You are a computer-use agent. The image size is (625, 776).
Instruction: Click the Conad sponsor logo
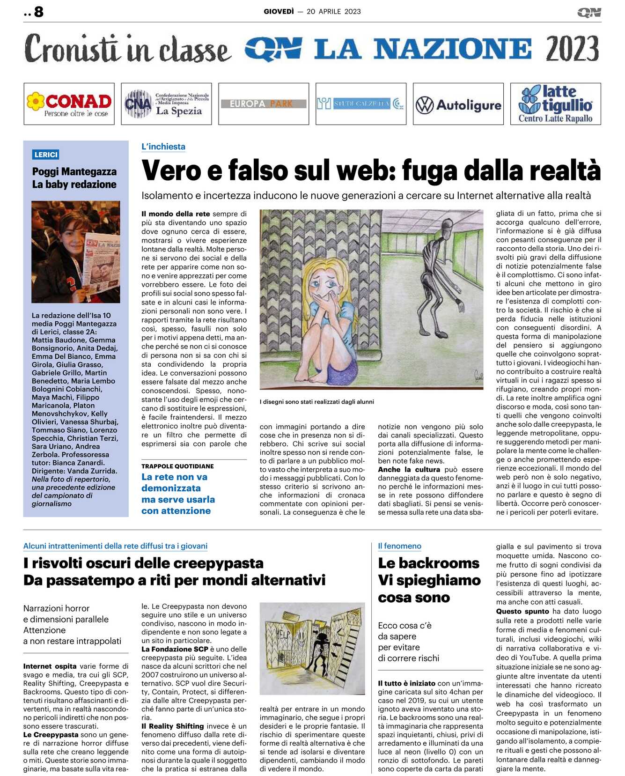click(x=69, y=104)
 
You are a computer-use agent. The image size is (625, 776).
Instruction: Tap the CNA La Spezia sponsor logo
click(x=166, y=104)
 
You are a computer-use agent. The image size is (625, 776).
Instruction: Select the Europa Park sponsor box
click(x=263, y=104)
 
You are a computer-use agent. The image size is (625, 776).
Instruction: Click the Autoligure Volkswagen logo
click(x=458, y=104)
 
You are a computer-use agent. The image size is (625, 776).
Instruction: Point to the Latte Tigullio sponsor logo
click(x=555, y=104)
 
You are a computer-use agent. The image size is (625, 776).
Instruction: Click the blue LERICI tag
click(x=46, y=155)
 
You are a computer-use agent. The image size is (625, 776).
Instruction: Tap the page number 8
click(x=39, y=12)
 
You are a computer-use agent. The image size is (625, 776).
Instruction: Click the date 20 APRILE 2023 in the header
click(x=333, y=12)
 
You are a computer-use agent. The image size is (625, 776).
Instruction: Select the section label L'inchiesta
click(x=163, y=147)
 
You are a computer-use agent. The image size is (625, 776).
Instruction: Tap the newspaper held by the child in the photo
click(x=102, y=262)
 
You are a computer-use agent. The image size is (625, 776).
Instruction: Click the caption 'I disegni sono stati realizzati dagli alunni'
click(x=316, y=402)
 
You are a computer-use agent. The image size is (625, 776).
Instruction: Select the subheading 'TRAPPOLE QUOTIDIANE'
click(x=177, y=466)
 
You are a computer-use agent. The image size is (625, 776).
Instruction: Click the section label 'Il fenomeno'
click(x=399, y=546)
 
